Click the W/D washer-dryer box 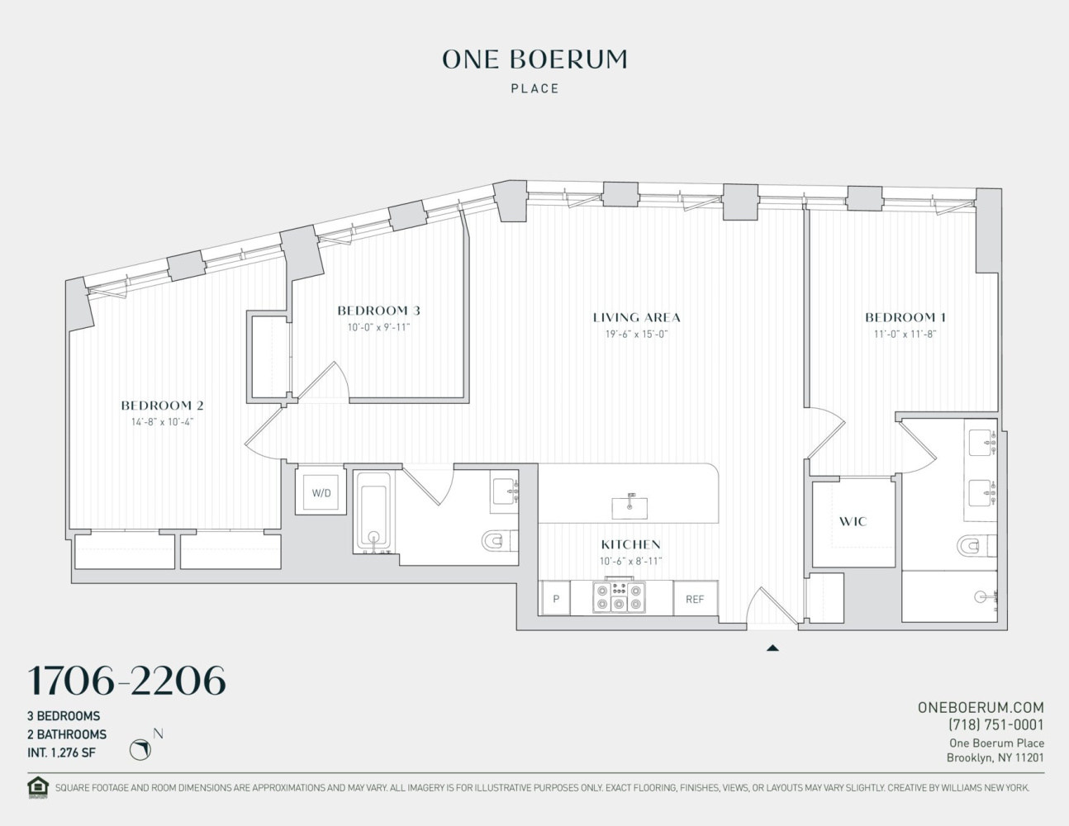[x=321, y=493]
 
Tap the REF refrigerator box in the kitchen [x=695, y=599]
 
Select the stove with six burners [x=619, y=597]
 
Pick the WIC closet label [x=853, y=521]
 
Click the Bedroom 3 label [x=378, y=311]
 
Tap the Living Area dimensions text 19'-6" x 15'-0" [x=636, y=334]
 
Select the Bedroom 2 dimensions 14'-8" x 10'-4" [x=162, y=421]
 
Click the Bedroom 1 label [x=905, y=317]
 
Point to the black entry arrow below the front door [x=772, y=648]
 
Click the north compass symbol [x=141, y=749]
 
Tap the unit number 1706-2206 [x=126, y=681]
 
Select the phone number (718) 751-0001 [x=995, y=724]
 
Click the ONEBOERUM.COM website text [x=981, y=707]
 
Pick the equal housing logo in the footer [x=38, y=787]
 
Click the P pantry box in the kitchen [x=556, y=599]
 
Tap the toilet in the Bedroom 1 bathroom [x=974, y=546]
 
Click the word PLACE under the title [x=534, y=88]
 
